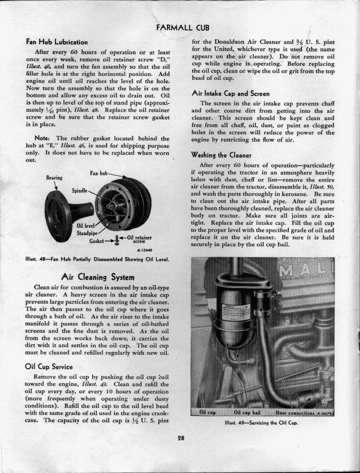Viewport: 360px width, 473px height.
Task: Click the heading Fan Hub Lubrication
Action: [x=57, y=42]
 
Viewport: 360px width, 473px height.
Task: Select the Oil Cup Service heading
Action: [x=49, y=367]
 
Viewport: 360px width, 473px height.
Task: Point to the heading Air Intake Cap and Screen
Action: [x=230, y=93]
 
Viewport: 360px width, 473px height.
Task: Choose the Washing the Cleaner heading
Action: [x=221, y=155]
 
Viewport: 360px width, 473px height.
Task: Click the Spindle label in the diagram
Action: [x=80, y=191]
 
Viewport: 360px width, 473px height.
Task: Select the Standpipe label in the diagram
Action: [x=87, y=233]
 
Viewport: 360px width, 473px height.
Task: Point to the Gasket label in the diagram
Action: [x=97, y=241]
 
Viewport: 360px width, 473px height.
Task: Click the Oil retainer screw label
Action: [x=139, y=240]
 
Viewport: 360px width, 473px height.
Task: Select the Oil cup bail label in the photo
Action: [x=248, y=412]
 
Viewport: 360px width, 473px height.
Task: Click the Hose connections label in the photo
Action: [x=295, y=412]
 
